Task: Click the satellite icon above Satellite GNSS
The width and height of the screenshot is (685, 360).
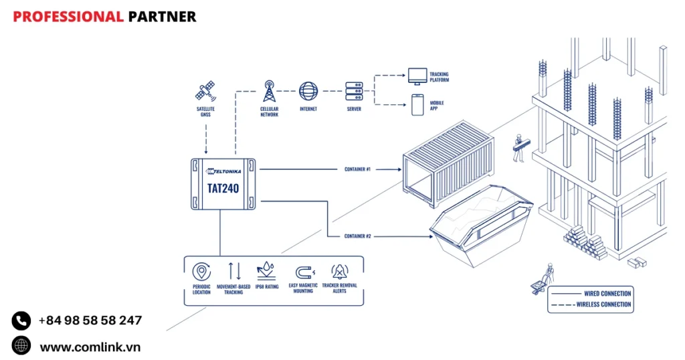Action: (x=205, y=90)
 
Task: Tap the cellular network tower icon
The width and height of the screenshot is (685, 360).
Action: (x=270, y=90)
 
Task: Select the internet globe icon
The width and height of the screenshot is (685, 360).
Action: (x=308, y=90)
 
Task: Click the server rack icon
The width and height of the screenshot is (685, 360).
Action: (x=353, y=90)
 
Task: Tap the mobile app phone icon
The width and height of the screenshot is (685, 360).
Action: (x=417, y=104)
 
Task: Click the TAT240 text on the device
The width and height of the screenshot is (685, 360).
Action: (x=222, y=188)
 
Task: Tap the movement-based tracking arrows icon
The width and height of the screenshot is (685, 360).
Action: (x=234, y=271)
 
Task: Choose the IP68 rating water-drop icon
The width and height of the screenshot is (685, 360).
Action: (x=266, y=271)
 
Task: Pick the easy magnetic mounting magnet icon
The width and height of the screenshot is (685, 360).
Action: (x=304, y=272)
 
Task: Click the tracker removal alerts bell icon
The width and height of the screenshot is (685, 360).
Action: (x=340, y=272)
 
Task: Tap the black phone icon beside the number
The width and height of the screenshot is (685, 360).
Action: (x=21, y=321)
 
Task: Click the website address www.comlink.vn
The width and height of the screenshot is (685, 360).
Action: (x=90, y=347)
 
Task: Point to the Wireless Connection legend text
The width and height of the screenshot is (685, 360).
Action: (x=603, y=304)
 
